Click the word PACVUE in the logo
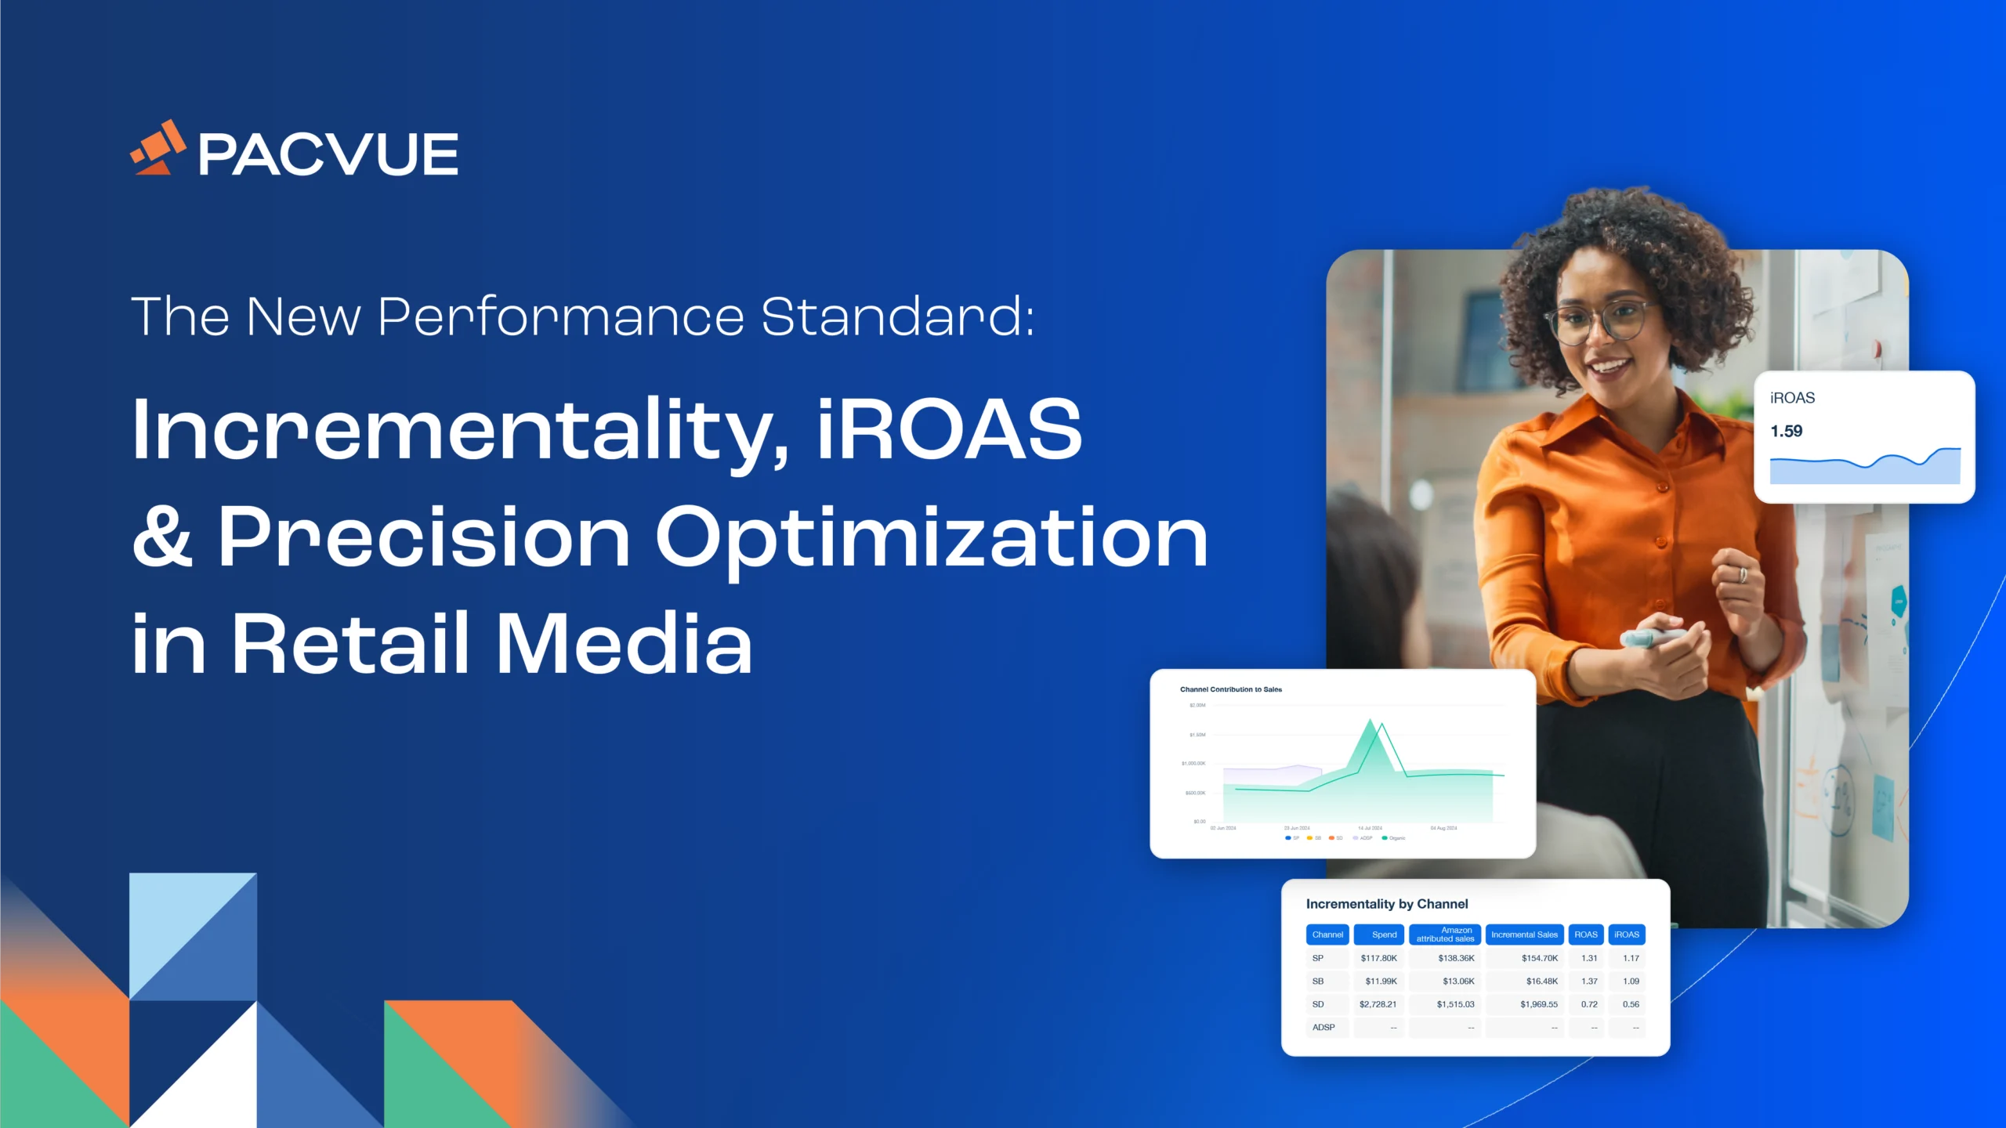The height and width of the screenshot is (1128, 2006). click(x=328, y=154)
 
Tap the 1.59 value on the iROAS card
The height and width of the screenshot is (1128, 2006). click(x=1786, y=431)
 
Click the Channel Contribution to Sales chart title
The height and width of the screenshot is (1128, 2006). click(x=1230, y=689)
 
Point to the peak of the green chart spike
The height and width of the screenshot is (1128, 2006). click(x=1371, y=720)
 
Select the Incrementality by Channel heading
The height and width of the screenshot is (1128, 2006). click(x=1386, y=904)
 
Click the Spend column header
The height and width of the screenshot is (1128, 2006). click(x=1383, y=935)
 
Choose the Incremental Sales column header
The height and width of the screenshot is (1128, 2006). click(x=1523, y=935)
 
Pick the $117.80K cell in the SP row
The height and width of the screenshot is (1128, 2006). click(x=1378, y=958)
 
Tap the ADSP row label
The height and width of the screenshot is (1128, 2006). click(x=1323, y=1027)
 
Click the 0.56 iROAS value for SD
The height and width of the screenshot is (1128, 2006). click(x=1630, y=1004)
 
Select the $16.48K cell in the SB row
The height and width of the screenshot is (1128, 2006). click(x=1541, y=981)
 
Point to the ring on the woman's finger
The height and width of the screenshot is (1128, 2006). click(x=1743, y=575)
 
